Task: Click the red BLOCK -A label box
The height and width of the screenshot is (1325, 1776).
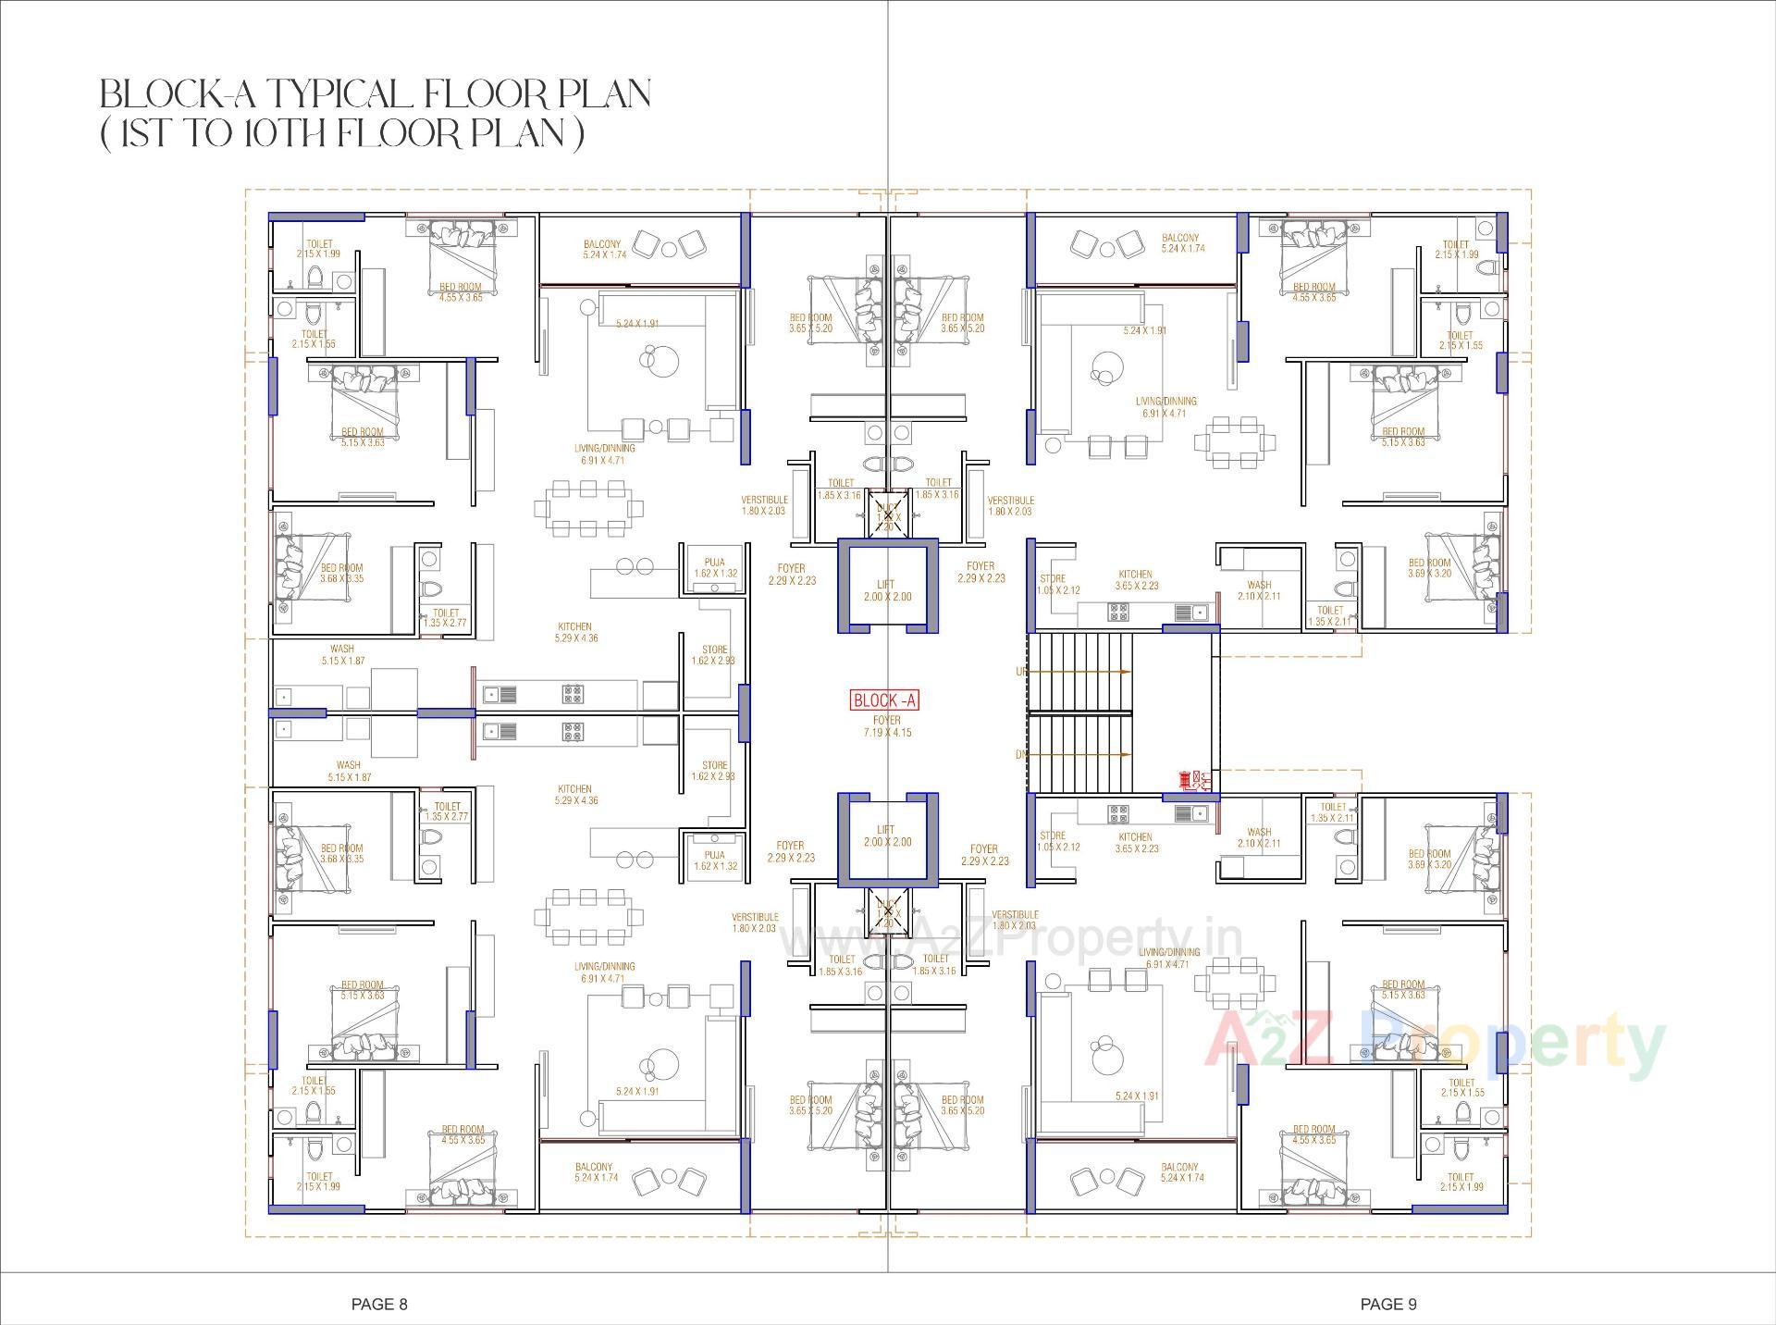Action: point(884,700)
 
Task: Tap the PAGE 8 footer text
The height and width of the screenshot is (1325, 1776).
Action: point(379,1304)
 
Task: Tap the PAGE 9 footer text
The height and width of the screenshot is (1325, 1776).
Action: point(1387,1304)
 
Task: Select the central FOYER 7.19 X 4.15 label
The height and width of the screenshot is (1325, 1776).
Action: point(886,726)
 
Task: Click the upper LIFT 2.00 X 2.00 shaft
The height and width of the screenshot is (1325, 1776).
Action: point(887,589)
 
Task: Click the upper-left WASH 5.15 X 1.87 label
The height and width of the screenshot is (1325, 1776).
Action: point(342,654)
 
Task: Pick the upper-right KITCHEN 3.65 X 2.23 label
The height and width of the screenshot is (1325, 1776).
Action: point(1135,580)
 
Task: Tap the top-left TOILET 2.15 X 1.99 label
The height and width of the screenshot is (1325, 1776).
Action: point(318,248)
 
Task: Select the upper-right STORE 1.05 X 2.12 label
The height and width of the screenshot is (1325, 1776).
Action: point(1053,584)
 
